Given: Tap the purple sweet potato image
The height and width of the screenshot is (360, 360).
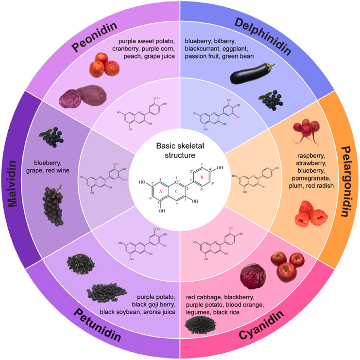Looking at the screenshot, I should [78, 95].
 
